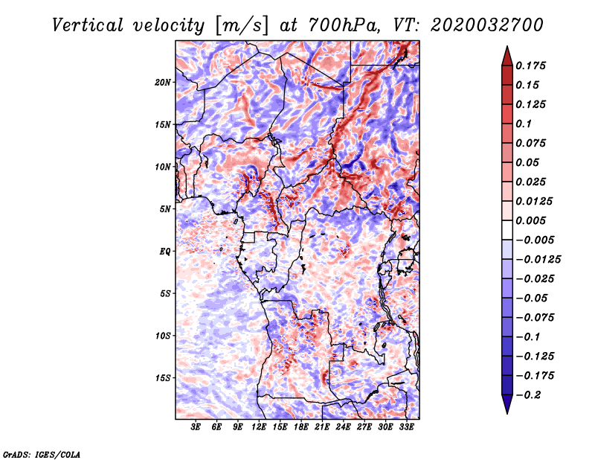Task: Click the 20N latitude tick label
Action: pos(163,83)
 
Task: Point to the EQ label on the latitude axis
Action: pos(165,252)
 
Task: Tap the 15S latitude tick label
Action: pos(163,378)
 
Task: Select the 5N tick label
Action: pos(165,209)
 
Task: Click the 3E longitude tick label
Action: pos(196,427)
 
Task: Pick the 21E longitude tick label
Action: pos(322,427)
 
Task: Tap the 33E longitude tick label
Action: pos(406,427)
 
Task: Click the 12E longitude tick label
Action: pos(259,427)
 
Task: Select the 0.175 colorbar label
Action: pos(530,66)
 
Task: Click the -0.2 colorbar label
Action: pos(528,395)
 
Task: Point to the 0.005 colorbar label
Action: pos(530,220)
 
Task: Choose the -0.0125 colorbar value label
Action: pos(538,260)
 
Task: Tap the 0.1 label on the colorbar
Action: pos(524,124)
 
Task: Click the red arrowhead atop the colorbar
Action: pos(507,56)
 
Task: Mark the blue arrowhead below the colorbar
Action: pos(507,404)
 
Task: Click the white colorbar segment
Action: pos(507,230)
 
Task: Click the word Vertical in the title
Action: pos(88,25)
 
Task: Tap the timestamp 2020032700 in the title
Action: pos(487,25)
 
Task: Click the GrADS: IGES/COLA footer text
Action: pos(42,455)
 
